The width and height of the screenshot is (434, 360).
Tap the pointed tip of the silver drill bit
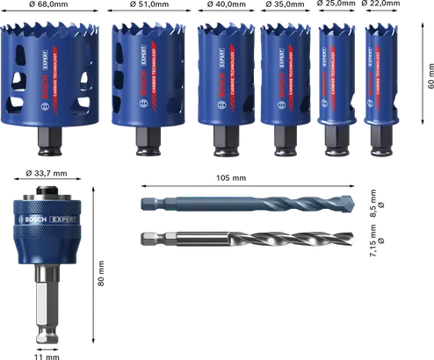pyautogui.click(x=351, y=238)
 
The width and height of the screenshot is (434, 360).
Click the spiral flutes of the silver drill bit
pyautogui.click(x=281, y=238)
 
